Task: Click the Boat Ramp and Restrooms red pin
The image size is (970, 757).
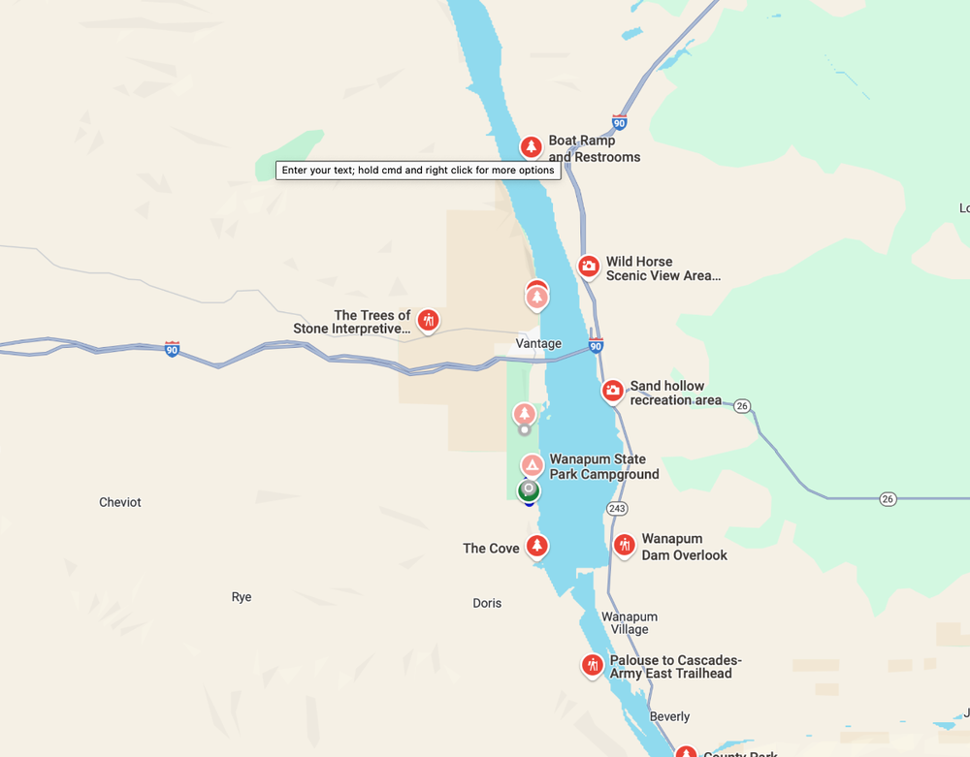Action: pos(531,146)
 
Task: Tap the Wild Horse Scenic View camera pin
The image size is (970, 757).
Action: pos(589,266)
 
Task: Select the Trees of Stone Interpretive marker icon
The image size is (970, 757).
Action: pos(428,320)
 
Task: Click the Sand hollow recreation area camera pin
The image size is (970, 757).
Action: pos(612,391)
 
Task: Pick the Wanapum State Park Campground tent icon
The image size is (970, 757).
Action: pos(532,465)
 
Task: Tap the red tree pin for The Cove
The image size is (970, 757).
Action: pos(536,547)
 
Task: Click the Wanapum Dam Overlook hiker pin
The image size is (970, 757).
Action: pos(625,546)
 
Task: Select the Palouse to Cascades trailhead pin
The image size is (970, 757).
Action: pos(593,666)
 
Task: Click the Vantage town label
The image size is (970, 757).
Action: pos(538,343)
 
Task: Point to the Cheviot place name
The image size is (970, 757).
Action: pos(120,502)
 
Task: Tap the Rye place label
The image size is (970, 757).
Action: pos(242,597)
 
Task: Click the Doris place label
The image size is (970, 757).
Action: pos(487,603)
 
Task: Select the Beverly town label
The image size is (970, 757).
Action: pos(669,716)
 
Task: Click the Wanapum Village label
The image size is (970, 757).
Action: pos(630,622)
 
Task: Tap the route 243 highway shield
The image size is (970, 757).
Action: pos(617,508)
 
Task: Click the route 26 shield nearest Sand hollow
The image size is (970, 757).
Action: pos(742,405)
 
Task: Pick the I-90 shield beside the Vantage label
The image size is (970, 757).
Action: pos(596,346)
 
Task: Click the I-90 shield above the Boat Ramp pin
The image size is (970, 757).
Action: pos(619,122)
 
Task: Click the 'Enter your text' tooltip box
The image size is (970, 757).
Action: pos(418,170)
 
